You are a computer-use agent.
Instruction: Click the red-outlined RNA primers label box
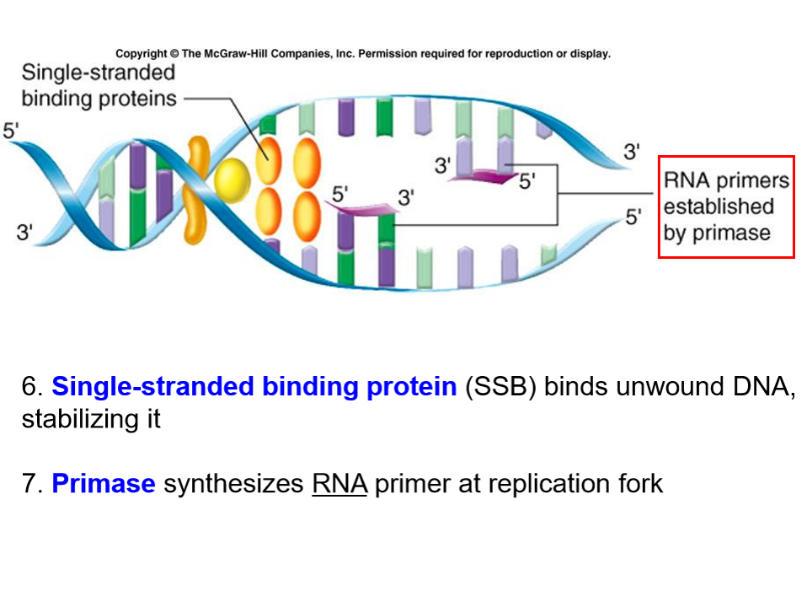[x=726, y=207]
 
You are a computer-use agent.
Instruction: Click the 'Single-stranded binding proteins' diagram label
[x=99, y=86]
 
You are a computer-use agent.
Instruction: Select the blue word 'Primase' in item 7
[x=104, y=484]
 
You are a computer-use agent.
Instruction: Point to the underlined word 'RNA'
[x=339, y=484]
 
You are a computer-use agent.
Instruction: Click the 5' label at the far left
[x=12, y=131]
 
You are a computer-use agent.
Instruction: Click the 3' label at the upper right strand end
[x=631, y=153]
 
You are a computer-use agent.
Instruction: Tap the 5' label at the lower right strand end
[x=633, y=217]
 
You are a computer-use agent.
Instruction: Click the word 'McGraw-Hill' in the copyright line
[x=228, y=54]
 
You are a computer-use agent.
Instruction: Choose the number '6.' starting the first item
[x=32, y=387]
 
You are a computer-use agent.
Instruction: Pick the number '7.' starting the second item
[x=32, y=484]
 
